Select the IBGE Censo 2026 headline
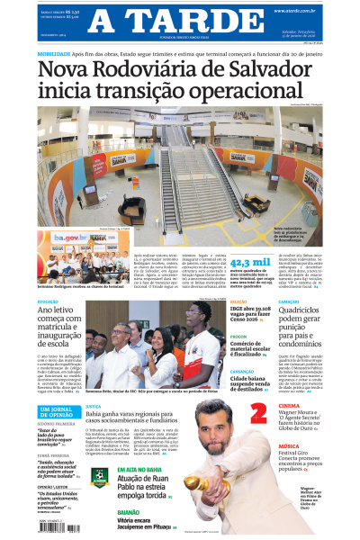262,316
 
